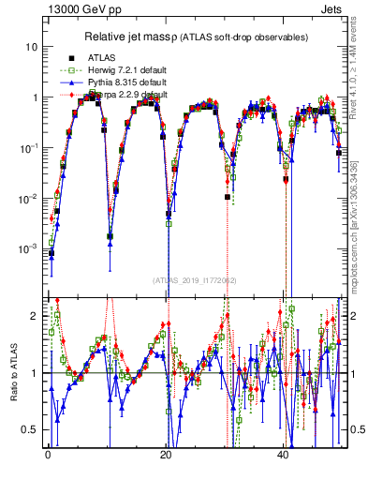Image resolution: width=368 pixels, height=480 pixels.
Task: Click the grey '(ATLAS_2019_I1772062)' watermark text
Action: tap(196, 280)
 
